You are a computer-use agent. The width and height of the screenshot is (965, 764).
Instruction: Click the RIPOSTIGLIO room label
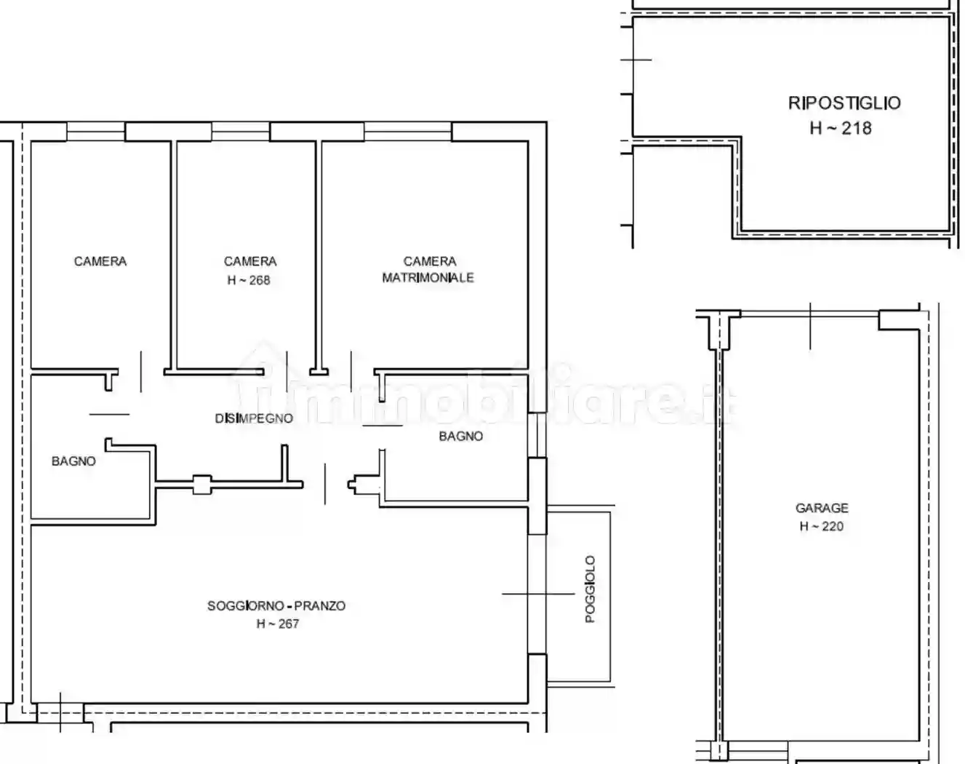[844, 103]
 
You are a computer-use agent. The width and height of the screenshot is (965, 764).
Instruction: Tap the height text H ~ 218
[840, 128]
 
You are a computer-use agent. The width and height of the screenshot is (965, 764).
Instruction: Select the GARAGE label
[822, 508]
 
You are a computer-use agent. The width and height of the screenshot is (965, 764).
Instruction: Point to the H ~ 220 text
[821, 526]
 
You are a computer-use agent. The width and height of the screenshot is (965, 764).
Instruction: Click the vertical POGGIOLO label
[590, 589]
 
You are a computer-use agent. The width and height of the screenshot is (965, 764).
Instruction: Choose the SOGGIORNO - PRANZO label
[276, 605]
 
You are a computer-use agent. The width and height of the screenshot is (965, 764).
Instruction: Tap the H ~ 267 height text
[277, 624]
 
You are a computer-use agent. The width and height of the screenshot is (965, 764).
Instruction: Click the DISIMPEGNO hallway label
[254, 418]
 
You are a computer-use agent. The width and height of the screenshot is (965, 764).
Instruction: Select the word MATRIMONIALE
[428, 277]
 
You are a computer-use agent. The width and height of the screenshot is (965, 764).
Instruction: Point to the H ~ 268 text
[249, 280]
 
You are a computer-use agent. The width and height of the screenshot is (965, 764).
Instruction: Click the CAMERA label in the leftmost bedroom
[100, 261]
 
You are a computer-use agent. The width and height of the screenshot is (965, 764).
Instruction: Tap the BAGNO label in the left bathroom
[73, 461]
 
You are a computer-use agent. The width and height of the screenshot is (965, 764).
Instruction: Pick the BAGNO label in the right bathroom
[460, 436]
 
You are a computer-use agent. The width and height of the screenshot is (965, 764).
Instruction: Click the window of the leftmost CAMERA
[96, 132]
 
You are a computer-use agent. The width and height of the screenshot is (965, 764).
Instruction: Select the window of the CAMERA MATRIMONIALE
[407, 132]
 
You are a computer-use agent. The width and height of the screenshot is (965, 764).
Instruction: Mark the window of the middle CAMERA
[241, 132]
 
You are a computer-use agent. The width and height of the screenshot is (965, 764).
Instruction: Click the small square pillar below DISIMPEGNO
[201, 484]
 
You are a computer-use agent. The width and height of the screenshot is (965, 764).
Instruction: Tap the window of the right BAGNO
[537, 435]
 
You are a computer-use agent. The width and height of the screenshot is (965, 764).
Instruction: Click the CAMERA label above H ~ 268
[250, 261]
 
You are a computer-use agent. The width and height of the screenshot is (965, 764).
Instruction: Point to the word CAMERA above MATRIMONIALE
[430, 261]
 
